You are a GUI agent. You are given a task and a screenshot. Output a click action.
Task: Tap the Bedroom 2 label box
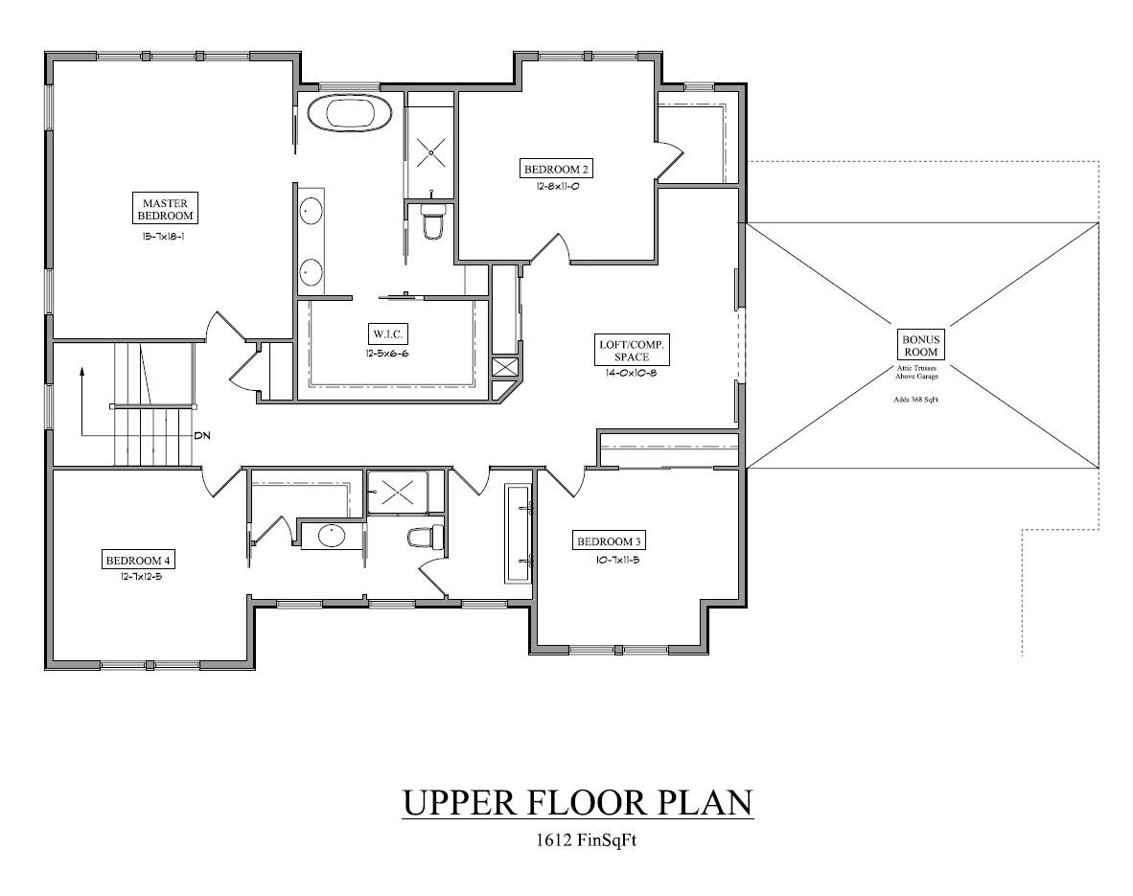[x=556, y=170]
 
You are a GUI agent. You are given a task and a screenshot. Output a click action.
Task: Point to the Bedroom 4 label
[x=138, y=560]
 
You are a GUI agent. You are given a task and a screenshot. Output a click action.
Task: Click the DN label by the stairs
[x=202, y=435]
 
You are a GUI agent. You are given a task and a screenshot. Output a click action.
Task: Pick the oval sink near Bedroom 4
[x=332, y=536]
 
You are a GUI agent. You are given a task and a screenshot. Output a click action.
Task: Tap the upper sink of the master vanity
[x=312, y=209]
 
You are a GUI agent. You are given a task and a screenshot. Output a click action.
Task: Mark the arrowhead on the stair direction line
[x=83, y=368]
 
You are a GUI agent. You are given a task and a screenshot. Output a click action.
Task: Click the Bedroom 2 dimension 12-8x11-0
[x=556, y=188]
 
